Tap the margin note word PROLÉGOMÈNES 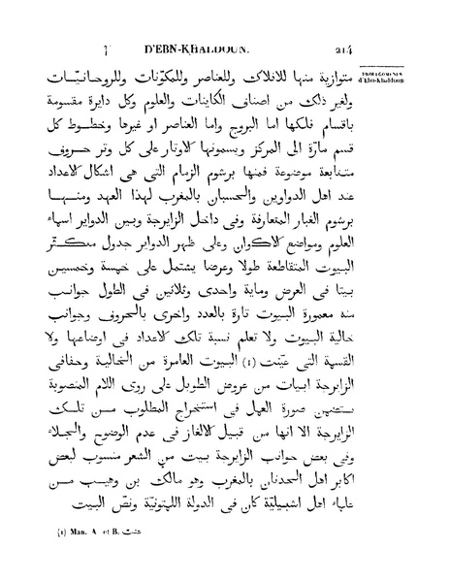[x=417, y=73]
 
